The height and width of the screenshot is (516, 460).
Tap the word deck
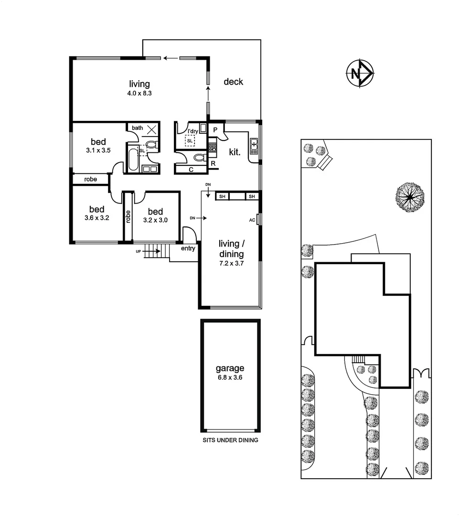[x=233, y=82]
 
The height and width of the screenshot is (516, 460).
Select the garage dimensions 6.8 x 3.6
[x=230, y=377]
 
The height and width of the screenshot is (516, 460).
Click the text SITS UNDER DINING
[x=230, y=440]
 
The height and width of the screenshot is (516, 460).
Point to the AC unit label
[x=252, y=220]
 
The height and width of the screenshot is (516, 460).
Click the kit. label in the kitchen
[x=234, y=152]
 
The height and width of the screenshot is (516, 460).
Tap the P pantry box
[x=215, y=130]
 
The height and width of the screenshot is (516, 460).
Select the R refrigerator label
[x=213, y=164]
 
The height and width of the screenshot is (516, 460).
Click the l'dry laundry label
[x=193, y=131]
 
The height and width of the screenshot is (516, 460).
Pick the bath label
[x=138, y=128]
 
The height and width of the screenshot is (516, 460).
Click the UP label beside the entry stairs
[x=139, y=251]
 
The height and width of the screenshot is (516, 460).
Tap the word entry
[x=188, y=248]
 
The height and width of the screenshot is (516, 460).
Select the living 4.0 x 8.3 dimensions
[x=139, y=94]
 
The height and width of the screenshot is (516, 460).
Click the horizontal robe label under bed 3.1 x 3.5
[x=90, y=179]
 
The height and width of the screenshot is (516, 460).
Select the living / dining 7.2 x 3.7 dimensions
[x=231, y=263]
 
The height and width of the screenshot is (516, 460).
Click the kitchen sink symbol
[x=254, y=145]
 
